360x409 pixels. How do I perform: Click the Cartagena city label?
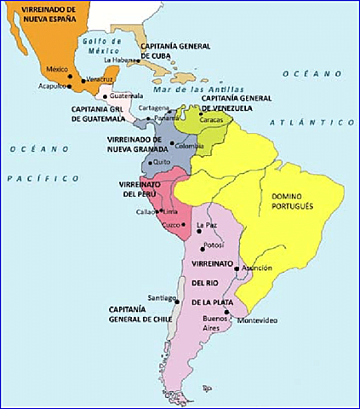coord(153,107)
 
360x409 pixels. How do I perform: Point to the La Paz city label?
coord(207,225)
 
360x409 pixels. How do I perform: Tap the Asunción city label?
coord(257,267)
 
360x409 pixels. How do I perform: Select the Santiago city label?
coord(161,297)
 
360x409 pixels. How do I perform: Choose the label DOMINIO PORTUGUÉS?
coord(292,201)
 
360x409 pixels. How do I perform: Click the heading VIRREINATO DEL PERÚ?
coord(142,188)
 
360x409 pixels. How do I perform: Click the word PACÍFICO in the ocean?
coord(42,178)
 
